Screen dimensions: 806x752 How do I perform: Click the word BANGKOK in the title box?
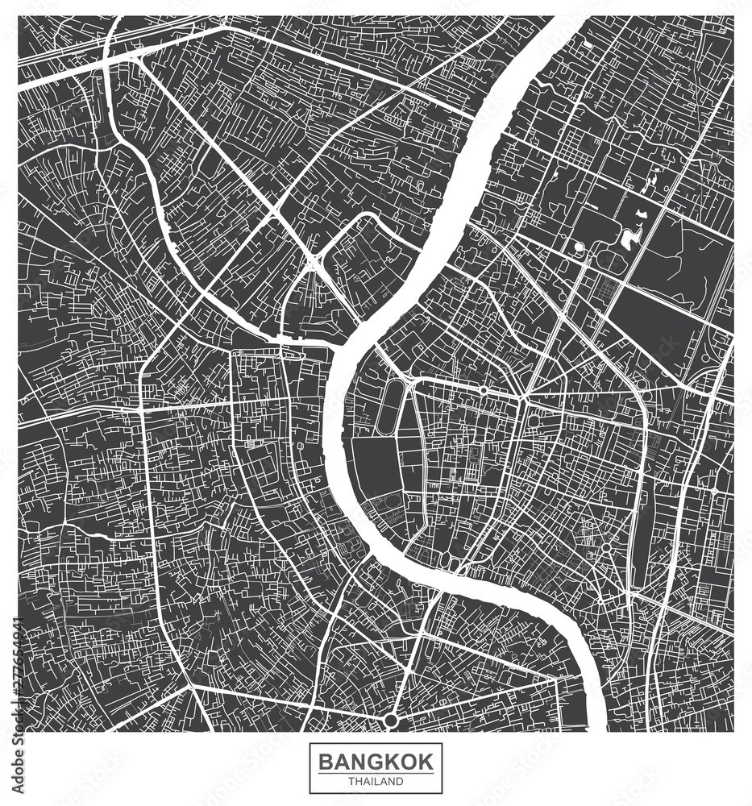376,761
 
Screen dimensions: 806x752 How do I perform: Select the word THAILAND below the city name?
376,780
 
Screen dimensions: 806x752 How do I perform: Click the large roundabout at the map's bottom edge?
391,718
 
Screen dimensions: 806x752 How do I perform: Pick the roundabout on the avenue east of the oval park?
483,389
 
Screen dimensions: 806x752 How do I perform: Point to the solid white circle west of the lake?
578,247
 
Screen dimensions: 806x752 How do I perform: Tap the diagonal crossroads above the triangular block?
313,262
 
